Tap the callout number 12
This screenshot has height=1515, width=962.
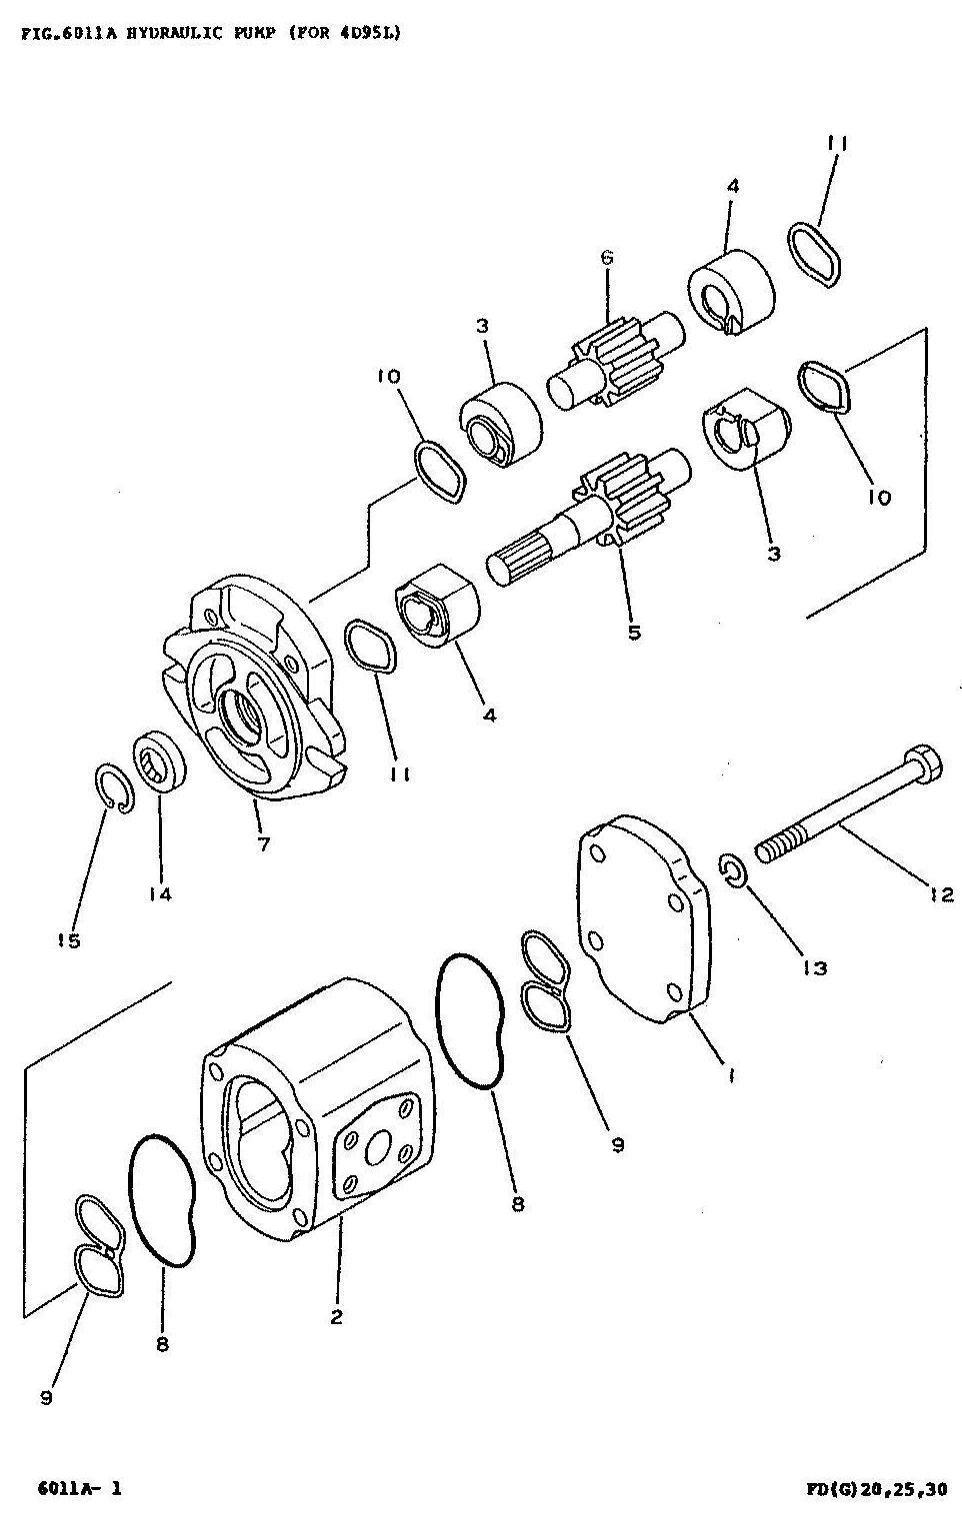click(x=941, y=895)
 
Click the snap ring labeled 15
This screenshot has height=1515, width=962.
click(x=113, y=786)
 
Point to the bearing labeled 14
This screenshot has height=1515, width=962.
click(x=160, y=759)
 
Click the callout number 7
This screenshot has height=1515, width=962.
click(x=263, y=843)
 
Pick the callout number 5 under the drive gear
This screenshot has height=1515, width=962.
click(x=634, y=633)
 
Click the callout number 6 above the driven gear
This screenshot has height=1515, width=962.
click(x=607, y=257)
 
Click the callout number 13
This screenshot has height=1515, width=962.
click(x=814, y=968)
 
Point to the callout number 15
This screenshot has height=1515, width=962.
click(x=68, y=940)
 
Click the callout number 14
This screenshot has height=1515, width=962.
click(x=160, y=894)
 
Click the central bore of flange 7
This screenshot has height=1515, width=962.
click(x=242, y=715)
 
